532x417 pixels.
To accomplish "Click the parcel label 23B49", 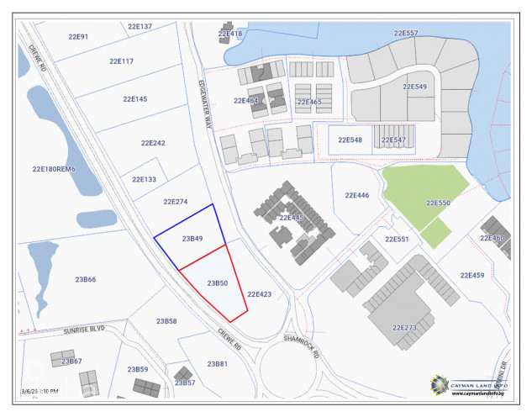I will coord(192,239).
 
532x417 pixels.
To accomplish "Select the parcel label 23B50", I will coord(218,283).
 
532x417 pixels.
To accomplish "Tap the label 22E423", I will coord(259,294).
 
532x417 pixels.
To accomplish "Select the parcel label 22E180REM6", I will coord(54,169).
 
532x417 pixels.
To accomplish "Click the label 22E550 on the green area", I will coord(438,203).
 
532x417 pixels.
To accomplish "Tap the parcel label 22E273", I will coord(404,327).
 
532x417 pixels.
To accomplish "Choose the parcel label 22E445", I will coord(291,217).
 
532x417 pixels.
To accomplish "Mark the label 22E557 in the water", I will coord(406,33).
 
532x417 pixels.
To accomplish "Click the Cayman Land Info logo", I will coord(469,383).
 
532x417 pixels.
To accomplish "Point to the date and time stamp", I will coord(40,391).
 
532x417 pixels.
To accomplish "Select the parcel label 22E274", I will coord(175,202).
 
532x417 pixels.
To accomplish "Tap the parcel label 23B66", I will coord(86,279).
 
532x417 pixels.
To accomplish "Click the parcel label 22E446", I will coord(356,195).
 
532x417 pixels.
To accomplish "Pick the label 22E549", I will coord(414,87).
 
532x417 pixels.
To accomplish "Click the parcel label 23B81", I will coord(217,363).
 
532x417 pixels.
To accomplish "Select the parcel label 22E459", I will coord(472,275).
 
